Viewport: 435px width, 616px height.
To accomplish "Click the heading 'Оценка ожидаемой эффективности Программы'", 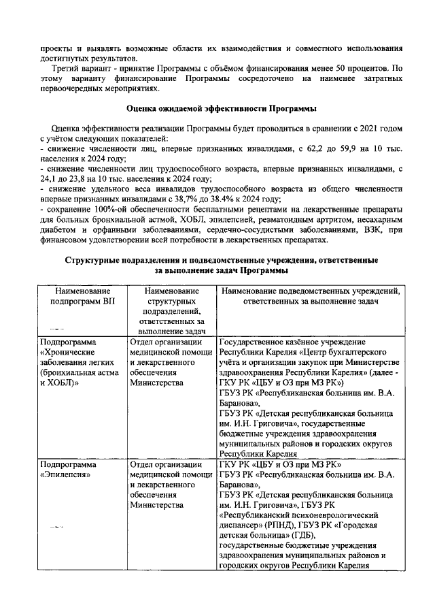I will point(217,109).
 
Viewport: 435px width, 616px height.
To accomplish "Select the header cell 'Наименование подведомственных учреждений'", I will point(309,296).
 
